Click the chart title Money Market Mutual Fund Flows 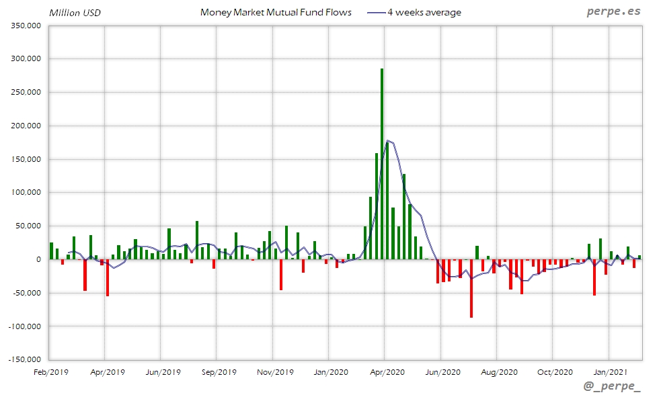276,13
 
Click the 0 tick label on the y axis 39,259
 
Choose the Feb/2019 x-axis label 51,371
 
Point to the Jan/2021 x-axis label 610,371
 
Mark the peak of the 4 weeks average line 389,141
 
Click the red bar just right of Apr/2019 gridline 108,277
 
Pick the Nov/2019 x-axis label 276,371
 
